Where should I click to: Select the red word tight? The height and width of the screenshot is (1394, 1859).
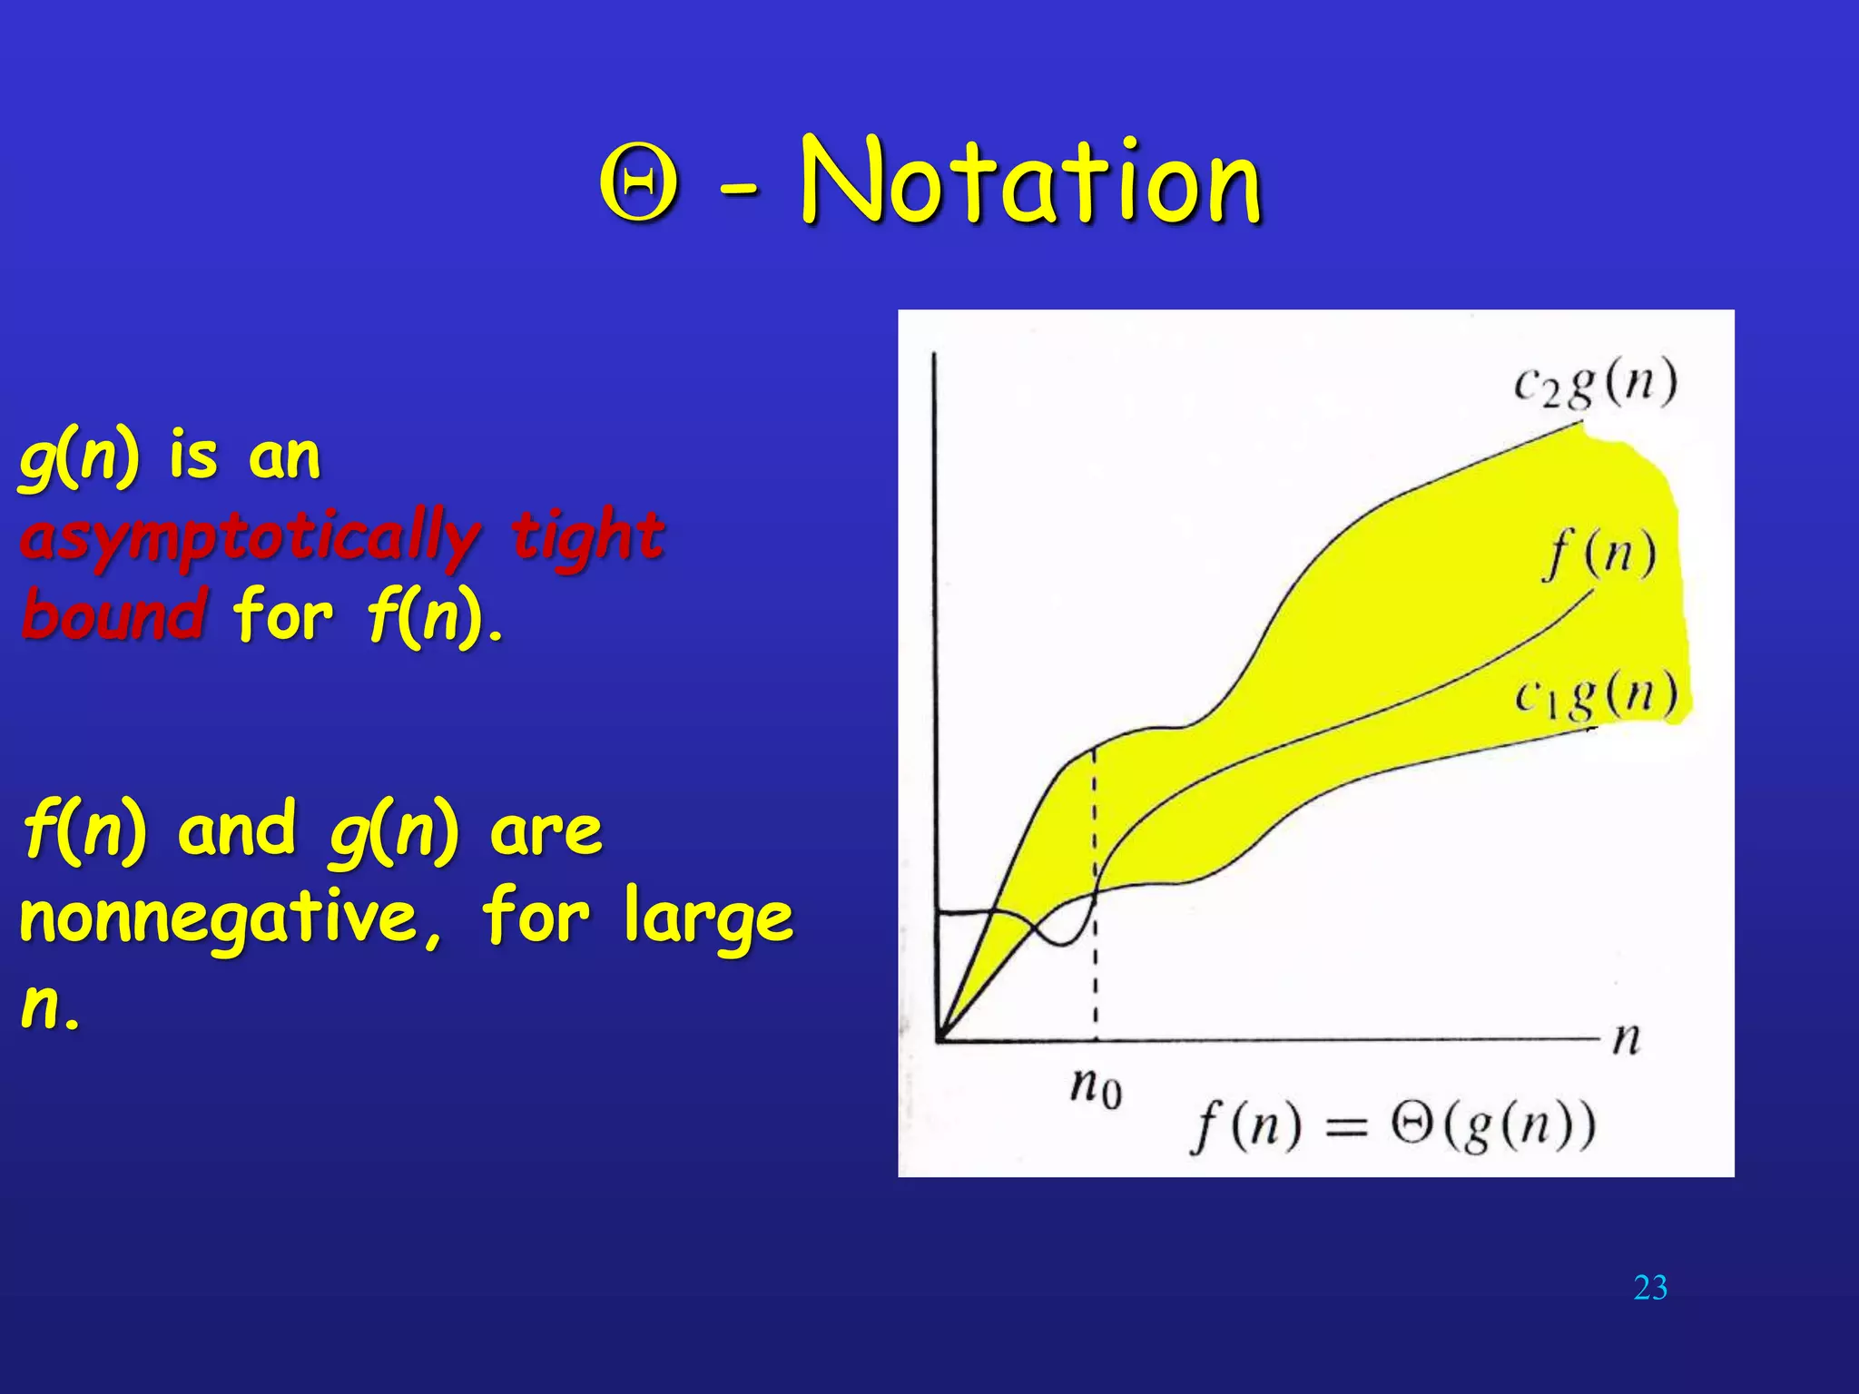click(x=587, y=535)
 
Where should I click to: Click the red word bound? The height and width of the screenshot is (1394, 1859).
click(x=114, y=614)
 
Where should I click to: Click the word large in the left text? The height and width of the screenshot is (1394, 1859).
click(x=709, y=918)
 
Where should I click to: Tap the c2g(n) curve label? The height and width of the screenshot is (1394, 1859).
click(x=1595, y=384)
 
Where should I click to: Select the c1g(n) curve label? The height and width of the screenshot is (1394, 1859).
click(x=1595, y=698)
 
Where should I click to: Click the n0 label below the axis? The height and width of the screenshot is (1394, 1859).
click(x=1096, y=1085)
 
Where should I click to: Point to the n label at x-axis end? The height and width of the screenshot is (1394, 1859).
click(x=1626, y=1038)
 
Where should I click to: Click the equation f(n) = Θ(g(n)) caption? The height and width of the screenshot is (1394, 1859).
click(x=1392, y=1125)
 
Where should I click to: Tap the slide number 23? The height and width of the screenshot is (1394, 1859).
click(x=1649, y=1288)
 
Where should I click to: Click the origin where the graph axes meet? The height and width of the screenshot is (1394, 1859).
click(x=938, y=1038)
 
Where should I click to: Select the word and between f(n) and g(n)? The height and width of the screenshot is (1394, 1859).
click(x=237, y=830)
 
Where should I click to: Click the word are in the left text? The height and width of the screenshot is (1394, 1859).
click(x=546, y=831)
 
